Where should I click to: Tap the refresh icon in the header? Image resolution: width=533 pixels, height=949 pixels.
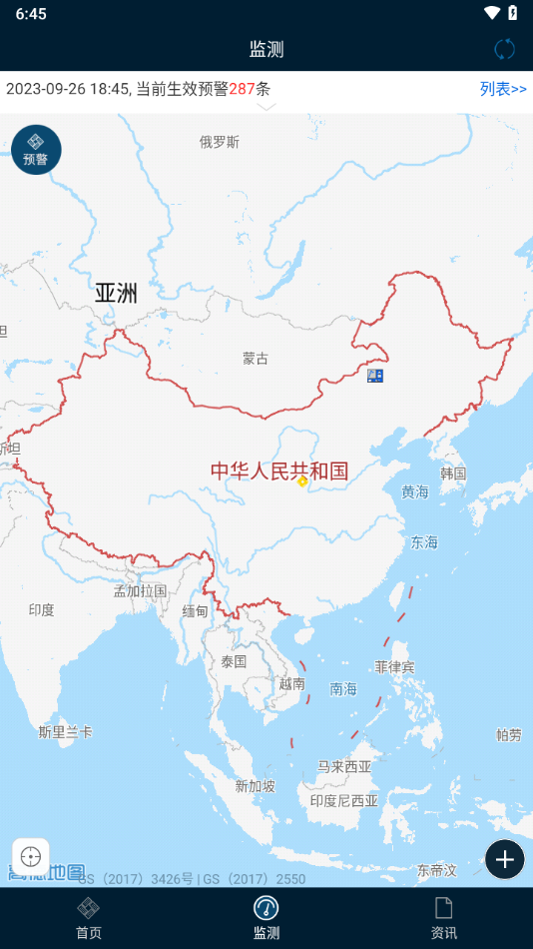[505, 49]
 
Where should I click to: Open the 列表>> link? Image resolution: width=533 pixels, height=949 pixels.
[503, 89]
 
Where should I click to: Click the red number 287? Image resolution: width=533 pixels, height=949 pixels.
[243, 89]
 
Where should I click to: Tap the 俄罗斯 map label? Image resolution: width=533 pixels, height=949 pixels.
[220, 142]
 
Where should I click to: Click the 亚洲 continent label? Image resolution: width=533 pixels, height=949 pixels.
[117, 293]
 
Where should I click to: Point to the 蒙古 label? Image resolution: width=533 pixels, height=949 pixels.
[256, 358]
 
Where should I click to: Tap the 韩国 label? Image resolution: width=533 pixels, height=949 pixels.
[453, 473]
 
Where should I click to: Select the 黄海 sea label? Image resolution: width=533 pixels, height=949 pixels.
[415, 491]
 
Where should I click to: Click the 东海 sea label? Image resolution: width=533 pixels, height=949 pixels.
[424, 542]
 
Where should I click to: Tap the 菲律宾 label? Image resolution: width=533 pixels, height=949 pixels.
[394, 666]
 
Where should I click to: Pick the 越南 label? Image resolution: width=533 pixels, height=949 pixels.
[292, 684]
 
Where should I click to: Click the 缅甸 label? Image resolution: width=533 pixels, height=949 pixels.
[196, 611]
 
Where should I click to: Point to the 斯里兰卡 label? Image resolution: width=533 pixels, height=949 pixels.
[66, 732]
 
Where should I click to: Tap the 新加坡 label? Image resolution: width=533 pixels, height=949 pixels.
[255, 786]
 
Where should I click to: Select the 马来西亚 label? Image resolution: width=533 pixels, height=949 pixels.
[344, 767]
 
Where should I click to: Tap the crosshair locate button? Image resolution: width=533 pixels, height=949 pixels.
[30, 857]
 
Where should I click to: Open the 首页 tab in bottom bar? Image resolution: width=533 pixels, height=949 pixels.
[89, 918]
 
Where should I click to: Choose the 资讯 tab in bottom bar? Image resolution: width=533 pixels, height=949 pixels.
[443, 918]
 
